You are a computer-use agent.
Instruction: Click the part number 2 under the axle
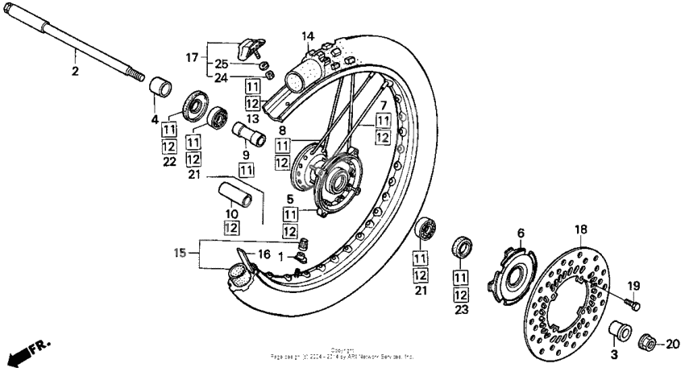click(x=75, y=71)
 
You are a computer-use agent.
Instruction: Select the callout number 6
click(x=520, y=233)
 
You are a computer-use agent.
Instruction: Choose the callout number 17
click(x=192, y=57)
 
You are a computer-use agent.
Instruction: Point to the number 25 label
click(x=221, y=64)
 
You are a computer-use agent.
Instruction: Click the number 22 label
click(x=169, y=162)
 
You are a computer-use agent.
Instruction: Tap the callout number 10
click(x=231, y=213)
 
